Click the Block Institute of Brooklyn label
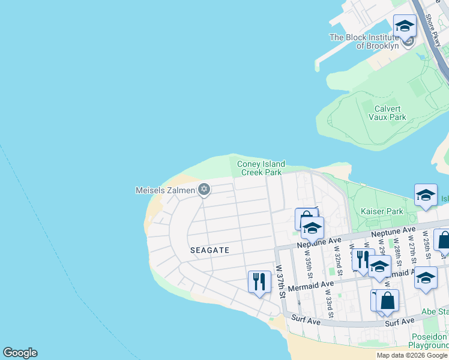pyautogui.click(x=364, y=41)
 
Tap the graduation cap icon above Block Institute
pyautogui.click(x=405, y=26)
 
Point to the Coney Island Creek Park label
pyautogui.click(x=261, y=168)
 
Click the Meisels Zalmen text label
pyautogui.click(x=165, y=191)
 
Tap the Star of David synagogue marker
pyautogui.click(x=204, y=190)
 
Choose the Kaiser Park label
pyautogui.click(x=382, y=211)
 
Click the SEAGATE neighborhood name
pyautogui.click(x=209, y=250)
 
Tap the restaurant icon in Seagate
pyautogui.click(x=259, y=281)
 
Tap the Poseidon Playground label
pyautogui.click(x=428, y=341)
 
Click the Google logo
pyautogui.click(x=20, y=353)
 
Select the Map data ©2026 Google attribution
pyautogui.click(x=411, y=355)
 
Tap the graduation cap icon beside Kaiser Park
pyautogui.click(x=426, y=196)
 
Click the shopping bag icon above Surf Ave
pyautogui.click(x=387, y=301)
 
